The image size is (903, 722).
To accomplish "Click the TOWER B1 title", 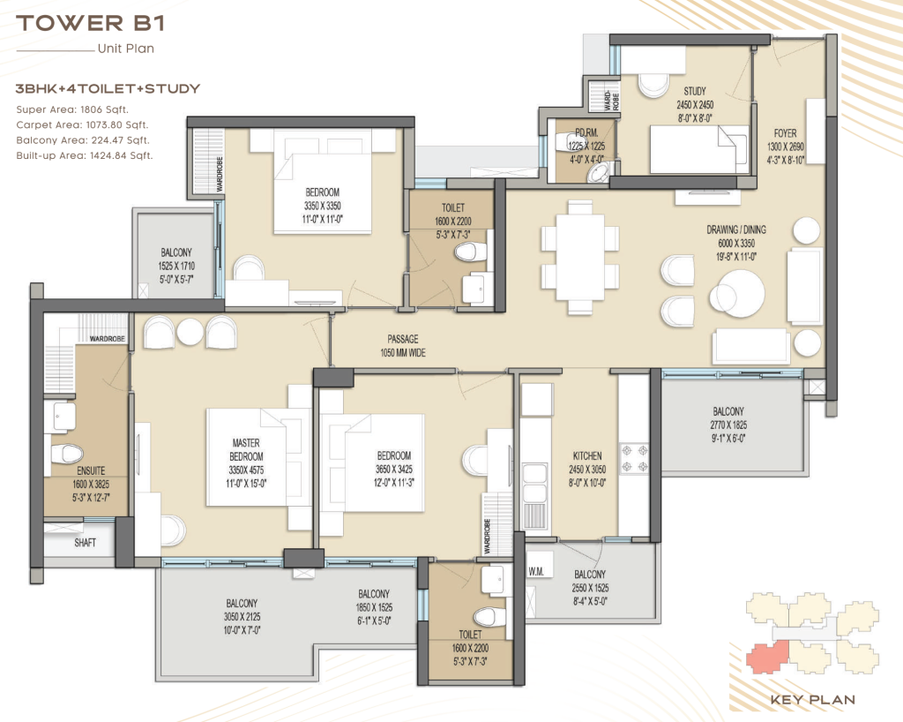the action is (x=91, y=23).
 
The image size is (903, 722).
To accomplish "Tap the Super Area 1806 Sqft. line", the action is (x=72, y=109).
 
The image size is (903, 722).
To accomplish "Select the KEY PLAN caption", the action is (x=812, y=700).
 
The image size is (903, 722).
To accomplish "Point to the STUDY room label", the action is (x=695, y=91).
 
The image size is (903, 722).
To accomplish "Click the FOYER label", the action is (x=785, y=133).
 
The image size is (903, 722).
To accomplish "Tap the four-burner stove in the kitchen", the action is (x=634, y=458).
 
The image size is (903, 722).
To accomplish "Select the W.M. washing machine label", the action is (x=536, y=572).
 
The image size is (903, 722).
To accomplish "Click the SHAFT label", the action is (x=86, y=542).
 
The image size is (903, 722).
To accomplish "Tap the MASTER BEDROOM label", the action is (x=246, y=449).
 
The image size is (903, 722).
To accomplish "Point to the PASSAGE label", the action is (x=402, y=340).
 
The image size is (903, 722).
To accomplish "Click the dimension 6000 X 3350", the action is (x=736, y=243).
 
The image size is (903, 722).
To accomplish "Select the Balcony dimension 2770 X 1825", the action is (x=728, y=425).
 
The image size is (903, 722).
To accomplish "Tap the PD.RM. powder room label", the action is (x=586, y=133).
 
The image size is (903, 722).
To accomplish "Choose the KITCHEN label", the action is (x=587, y=455).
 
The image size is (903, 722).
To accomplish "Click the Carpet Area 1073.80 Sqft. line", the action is (x=82, y=125).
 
